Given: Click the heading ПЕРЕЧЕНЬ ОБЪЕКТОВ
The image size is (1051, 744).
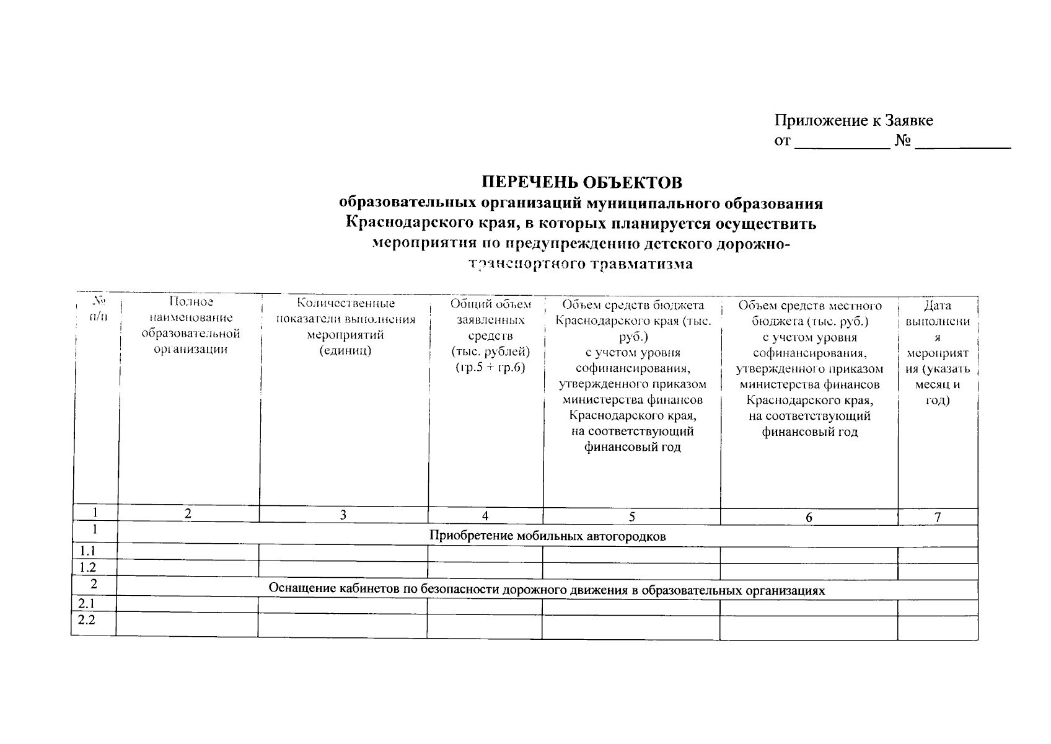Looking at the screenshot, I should point(582,182).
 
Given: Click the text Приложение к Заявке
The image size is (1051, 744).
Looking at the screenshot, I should point(853,120).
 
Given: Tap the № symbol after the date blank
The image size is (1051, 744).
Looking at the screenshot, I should point(902,141).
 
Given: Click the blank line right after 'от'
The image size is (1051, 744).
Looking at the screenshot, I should point(842,143).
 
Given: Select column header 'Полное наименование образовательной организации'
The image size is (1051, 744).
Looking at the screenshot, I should point(190,325).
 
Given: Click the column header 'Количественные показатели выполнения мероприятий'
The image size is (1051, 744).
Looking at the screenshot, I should point(346,327).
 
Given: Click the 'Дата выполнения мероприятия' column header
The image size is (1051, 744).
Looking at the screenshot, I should point(937,352).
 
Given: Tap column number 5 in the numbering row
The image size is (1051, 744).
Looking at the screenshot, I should point(631,517).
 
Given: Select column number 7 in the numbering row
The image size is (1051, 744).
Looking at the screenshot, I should point(938,517).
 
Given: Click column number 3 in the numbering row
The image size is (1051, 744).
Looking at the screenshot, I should point(343,515).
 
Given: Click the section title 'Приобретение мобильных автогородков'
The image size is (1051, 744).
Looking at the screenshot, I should point(547,536).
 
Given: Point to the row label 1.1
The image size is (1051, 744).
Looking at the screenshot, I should point(87,551).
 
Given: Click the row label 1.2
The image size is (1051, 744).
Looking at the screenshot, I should point(87,567).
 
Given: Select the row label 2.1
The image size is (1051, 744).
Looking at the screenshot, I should point(87,603).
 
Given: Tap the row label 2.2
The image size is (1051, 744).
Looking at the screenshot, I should point(87,619).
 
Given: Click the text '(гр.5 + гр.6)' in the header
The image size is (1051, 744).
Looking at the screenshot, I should point(490,368).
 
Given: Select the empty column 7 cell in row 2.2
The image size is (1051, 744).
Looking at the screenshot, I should point(937,626).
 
